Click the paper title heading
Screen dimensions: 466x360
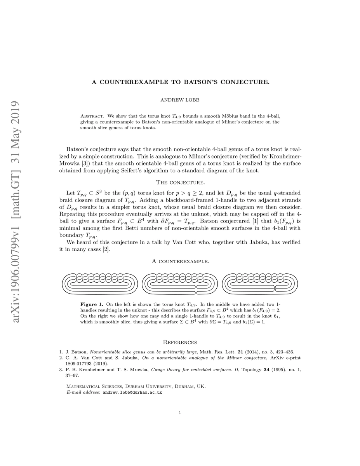coord(180,82)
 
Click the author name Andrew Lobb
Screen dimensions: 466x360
coord(180,100)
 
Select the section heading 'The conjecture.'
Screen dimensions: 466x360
coord(180,182)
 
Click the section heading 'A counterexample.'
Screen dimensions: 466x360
coord(180,262)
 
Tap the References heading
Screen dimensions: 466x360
coord(180,342)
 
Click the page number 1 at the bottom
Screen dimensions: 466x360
coord(180,413)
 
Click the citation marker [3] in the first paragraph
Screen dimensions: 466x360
coord(84,163)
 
